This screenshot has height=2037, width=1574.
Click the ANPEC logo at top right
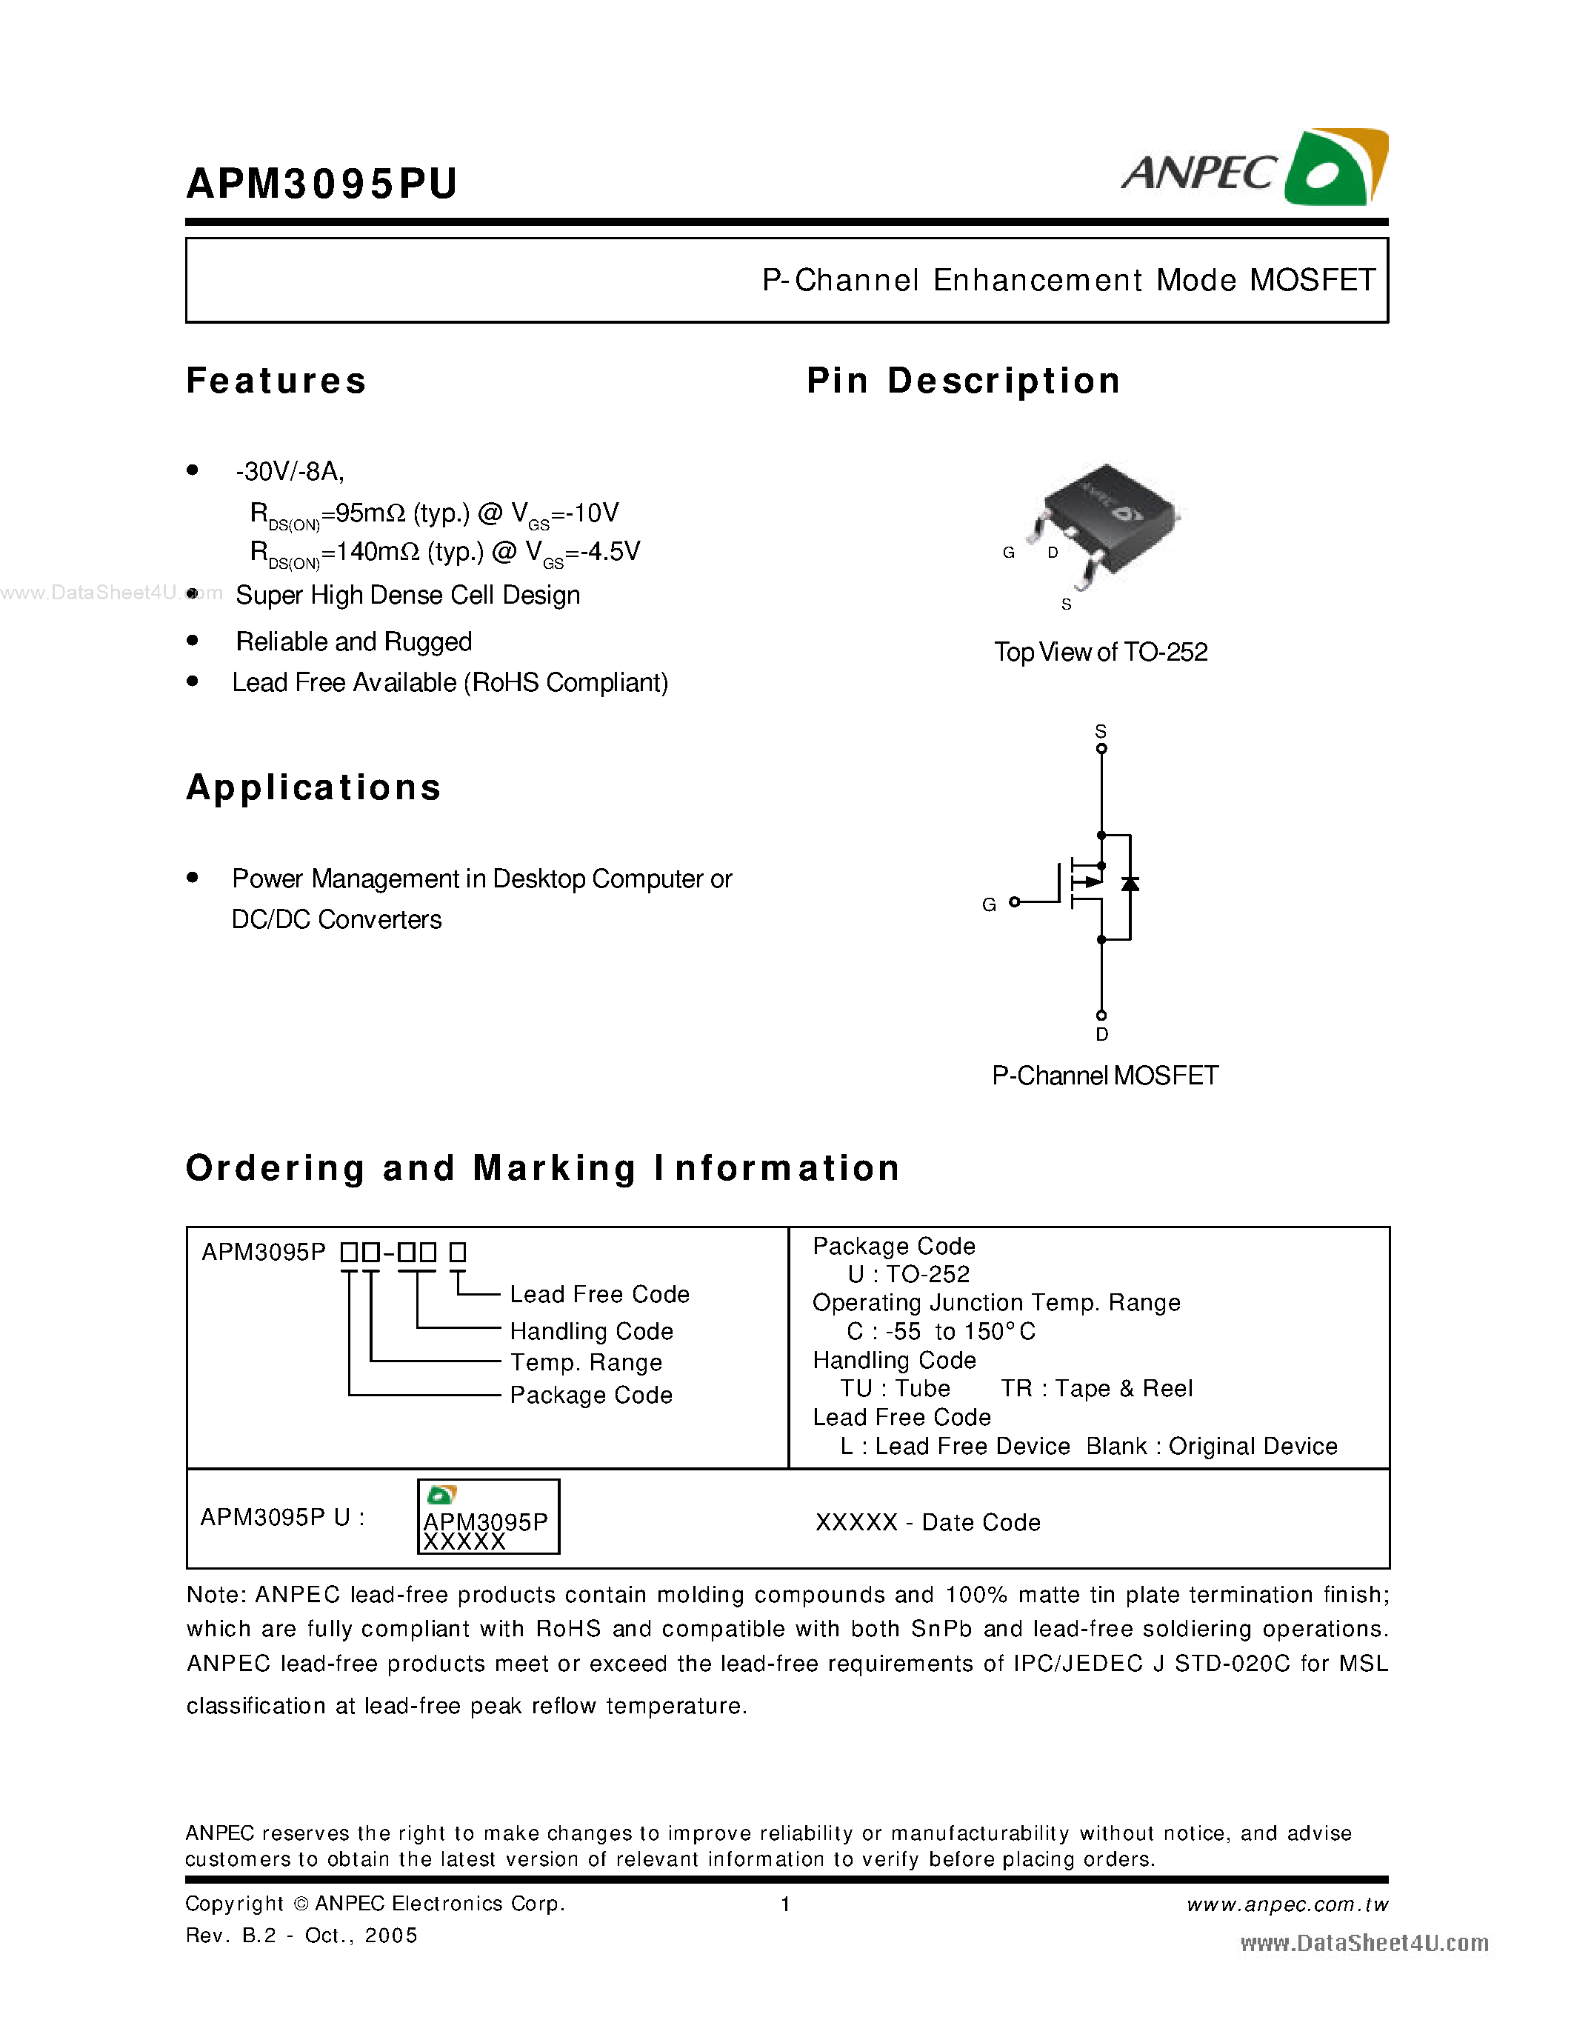(x=1254, y=169)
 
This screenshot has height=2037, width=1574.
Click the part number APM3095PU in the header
(x=321, y=183)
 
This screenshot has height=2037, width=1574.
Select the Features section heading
(x=276, y=381)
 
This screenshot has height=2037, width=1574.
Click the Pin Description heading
(x=962, y=381)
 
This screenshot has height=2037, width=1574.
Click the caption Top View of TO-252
(x=1100, y=652)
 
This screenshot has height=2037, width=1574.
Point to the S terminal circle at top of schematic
(x=1101, y=748)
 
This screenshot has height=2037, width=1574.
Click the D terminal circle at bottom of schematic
(x=1101, y=1015)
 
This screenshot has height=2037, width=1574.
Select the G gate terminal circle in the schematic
(x=1015, y=902)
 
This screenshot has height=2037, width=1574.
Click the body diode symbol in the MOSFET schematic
(x=1130, y=883)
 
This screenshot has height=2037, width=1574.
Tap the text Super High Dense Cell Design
(x=407, y=595)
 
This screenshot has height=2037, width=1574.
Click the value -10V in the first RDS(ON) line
(x=593, y=513)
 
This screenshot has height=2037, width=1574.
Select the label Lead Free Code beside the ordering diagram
(x=599, y=1295)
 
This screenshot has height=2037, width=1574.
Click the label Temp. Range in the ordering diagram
(x=586, y=1363)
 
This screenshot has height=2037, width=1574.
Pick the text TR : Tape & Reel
(x=1096, y=1389)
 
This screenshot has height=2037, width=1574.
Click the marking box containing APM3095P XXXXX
(x=487, y=1516)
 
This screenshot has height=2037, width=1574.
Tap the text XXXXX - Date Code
(x=928, y=1522)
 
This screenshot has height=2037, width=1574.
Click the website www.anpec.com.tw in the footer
(x=1287, y=1904)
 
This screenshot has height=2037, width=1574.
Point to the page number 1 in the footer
(x=785, y=1904)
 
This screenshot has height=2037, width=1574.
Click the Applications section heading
(x=313, y=787)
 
